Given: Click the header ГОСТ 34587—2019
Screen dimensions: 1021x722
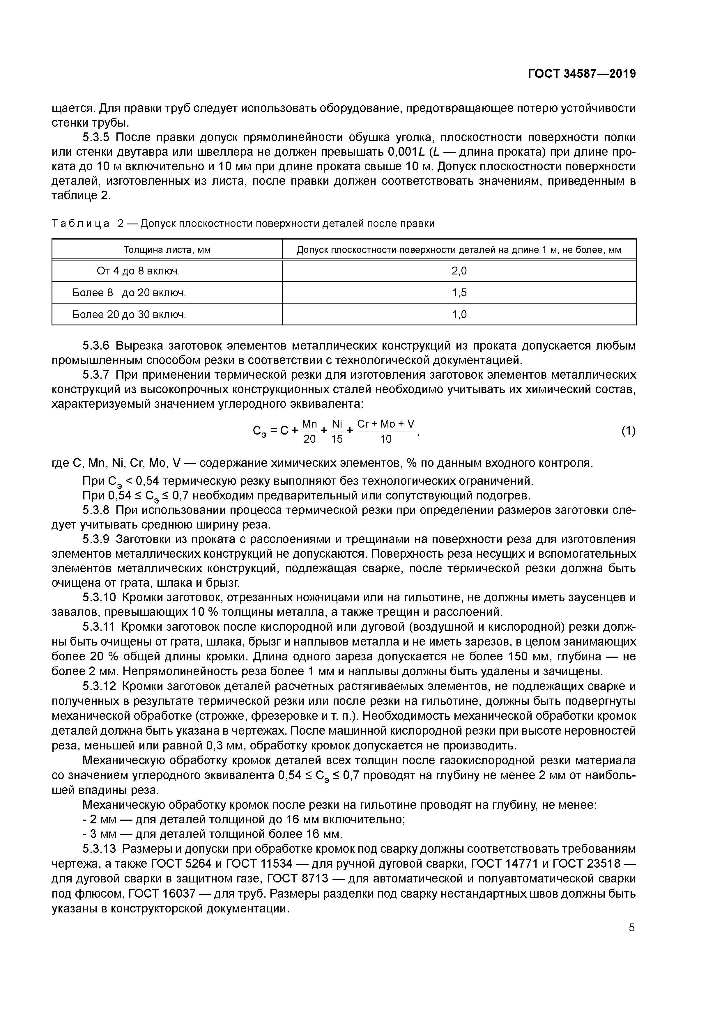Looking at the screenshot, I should click(x=581, y=74).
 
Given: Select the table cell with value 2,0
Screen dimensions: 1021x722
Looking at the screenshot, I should click(x=459, y=271).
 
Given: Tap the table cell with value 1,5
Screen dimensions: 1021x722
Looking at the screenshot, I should click(x=459, y=293).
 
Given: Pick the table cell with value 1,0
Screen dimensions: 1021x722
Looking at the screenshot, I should click(x=459, y=314).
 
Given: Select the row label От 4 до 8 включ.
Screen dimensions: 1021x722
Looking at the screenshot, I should click(x=138, y=271).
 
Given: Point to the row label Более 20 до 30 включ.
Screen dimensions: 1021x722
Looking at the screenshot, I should click(x=129, y=314).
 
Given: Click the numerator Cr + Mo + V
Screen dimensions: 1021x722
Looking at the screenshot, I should click(x=386, y=424).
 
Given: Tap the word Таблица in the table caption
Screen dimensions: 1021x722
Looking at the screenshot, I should click(x=81, y=224).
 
